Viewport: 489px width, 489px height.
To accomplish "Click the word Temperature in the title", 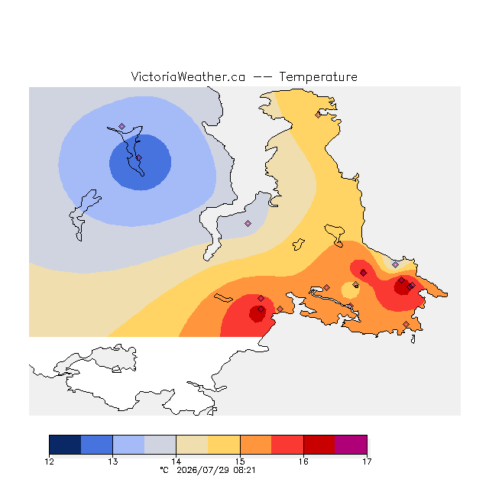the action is tap(318, 77).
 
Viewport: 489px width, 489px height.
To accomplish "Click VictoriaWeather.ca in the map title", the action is tap(188, 77).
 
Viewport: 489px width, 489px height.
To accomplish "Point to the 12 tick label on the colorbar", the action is tap(49, 461).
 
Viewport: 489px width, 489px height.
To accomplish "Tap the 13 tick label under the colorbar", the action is tap(113, 461).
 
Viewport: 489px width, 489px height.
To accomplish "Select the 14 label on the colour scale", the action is tap(176, 461).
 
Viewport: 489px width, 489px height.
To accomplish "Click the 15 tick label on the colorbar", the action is tap(240, 461).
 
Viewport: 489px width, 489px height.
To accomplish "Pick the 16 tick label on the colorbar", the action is tap(304, 461).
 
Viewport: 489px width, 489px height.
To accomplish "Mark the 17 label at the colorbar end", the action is tap(367, 461).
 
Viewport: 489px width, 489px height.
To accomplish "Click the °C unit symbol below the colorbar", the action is tap(164, 471).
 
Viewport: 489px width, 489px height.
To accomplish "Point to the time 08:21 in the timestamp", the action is tap(244, 471).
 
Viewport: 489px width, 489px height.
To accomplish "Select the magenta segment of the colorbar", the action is tap(351, 445).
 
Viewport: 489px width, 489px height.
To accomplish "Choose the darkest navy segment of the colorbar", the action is tap(65, 445).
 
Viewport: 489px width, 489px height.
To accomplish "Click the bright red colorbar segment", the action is tap(287, 445).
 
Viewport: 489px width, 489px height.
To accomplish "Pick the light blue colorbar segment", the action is tap(129, 445).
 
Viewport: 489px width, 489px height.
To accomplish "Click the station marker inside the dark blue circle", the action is tap(139, 158).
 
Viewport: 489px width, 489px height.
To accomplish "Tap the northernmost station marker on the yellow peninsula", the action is tap(318, 115).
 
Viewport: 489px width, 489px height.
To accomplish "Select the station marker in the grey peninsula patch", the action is tap(248, 223).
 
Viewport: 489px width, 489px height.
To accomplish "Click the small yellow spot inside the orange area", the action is tap(350, 290).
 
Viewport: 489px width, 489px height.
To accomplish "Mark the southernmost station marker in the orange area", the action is tap(406, 324).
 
